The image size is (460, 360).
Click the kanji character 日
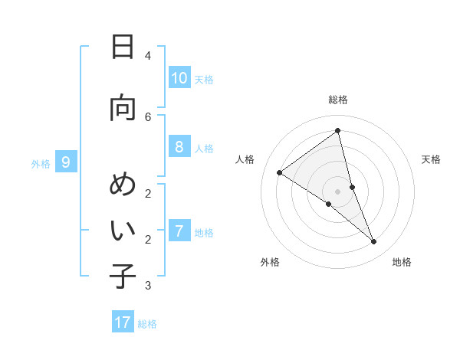click(123, 47)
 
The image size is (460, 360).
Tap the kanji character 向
click(123, 108)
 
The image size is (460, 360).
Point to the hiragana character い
click(123, 230)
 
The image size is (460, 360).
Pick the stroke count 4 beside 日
click(148, 56)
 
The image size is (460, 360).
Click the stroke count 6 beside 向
click(148, 116)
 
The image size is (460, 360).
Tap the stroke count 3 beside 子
click(148, 286)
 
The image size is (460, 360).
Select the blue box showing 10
click(179, 78)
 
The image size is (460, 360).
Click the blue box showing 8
click(179, 147)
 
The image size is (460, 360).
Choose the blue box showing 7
click(179, 231)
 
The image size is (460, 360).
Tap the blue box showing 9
click(66, 162)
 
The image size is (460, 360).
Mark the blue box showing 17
click(123, 322)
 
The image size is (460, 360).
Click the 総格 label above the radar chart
click(338, 100)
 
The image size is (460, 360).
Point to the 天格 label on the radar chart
click(431, 159)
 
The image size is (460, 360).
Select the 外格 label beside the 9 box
click(40, 163)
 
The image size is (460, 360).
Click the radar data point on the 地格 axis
click(374, 242)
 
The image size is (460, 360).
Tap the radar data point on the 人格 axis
click(280, 172)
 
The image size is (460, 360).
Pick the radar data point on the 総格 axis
click(338, 131)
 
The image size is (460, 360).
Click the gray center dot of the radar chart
click(338, 191)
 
